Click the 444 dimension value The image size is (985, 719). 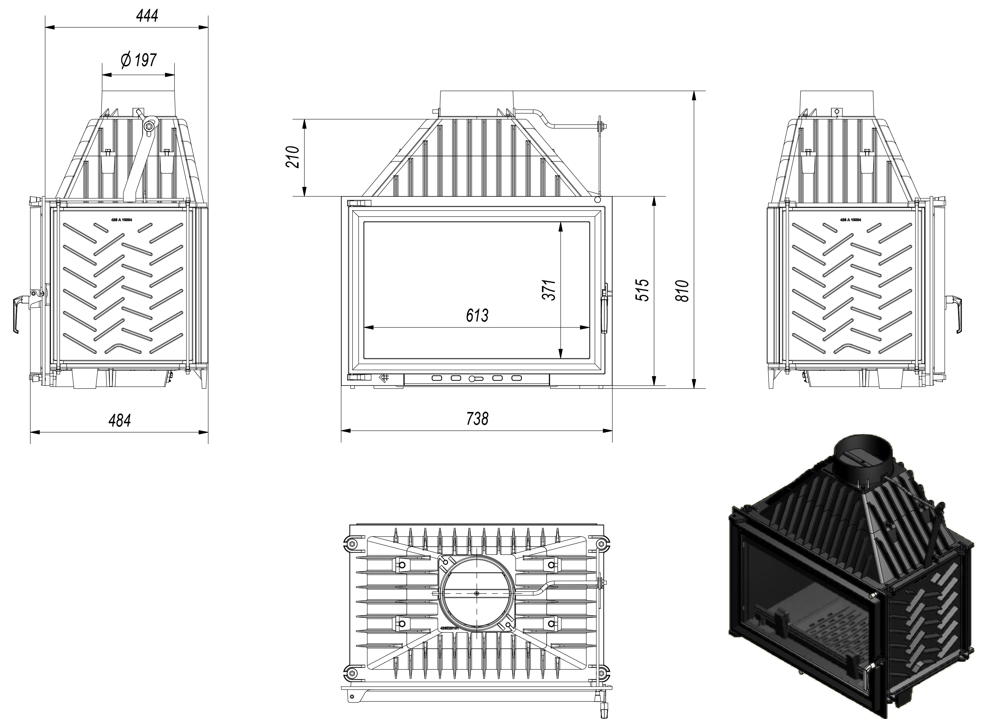(147, 16)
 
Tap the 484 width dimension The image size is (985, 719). (119, 420)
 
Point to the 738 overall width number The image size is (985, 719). (477, 419)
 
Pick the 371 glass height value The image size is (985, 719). (549, 290)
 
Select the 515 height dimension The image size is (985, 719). (642, 290)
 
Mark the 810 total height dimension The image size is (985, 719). (682, 291)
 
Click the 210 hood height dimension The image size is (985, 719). (293, 157)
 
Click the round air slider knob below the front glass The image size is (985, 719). (472, 379)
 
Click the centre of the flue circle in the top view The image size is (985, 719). (477, 593)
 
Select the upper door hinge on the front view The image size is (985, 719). (359, 203)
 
